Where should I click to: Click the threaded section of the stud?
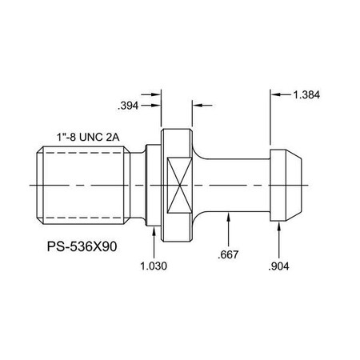(x=85, y=185)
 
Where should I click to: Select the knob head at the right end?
(x=286, y=185)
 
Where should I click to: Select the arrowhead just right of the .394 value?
(x=156, y=104)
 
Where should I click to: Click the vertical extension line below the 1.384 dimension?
(x=268, y=120)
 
